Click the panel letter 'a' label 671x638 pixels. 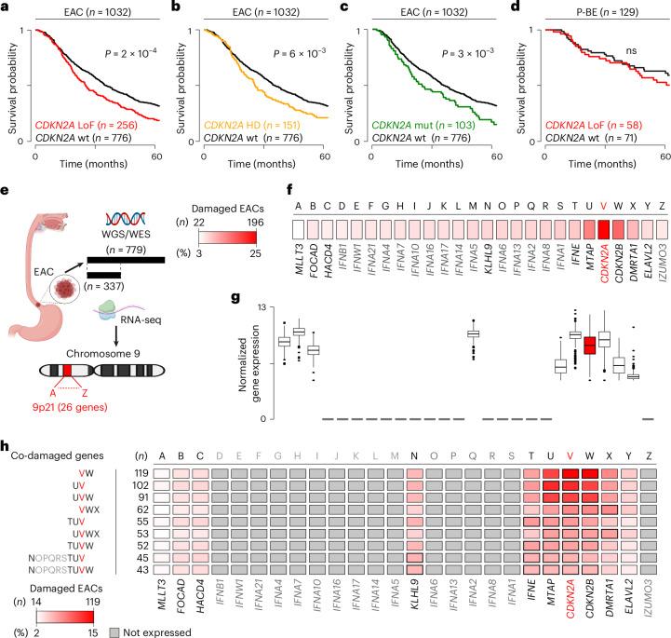6,7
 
